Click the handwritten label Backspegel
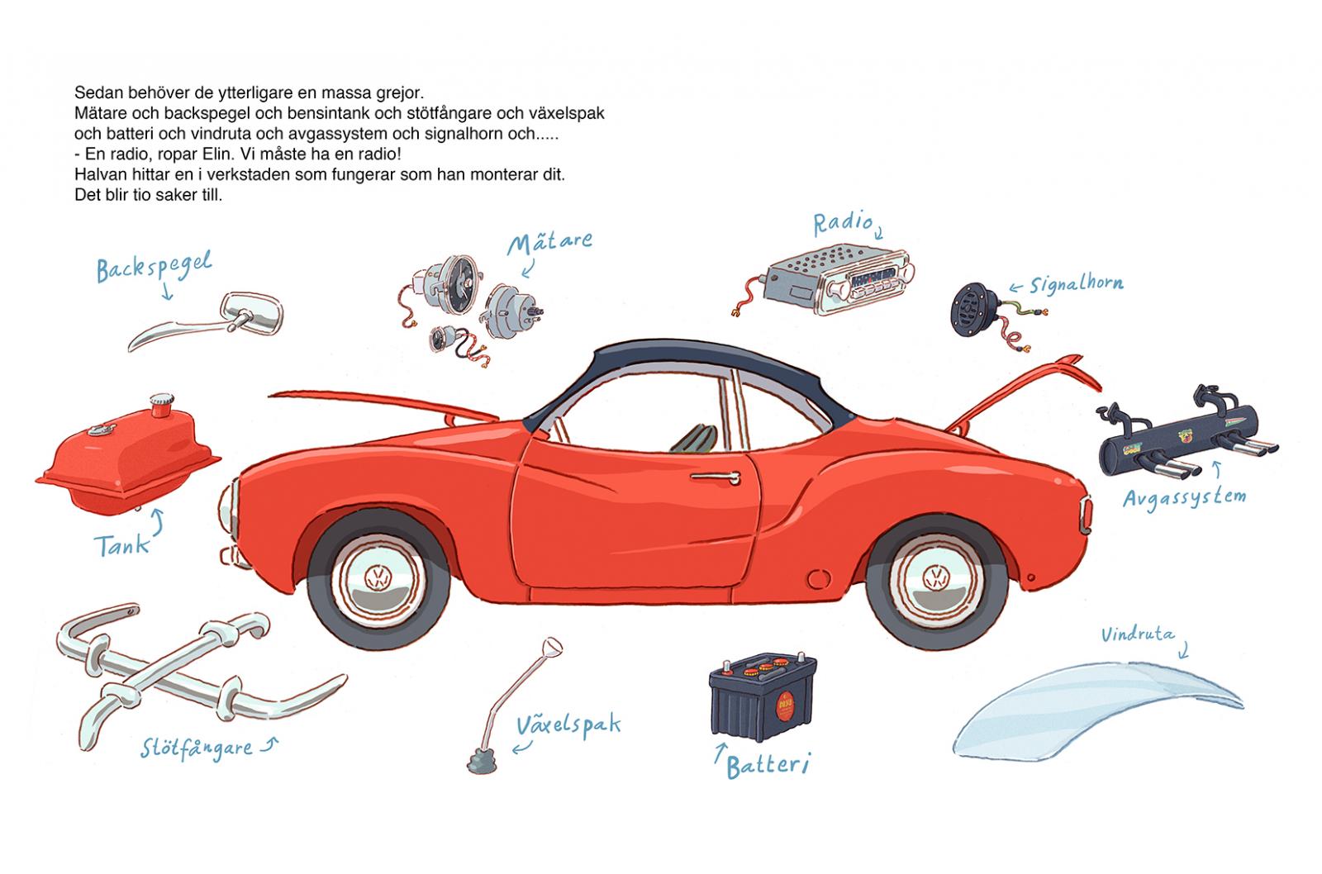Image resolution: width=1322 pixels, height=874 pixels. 154,267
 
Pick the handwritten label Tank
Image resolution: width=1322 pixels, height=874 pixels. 121,545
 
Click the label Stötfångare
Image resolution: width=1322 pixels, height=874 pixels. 196,748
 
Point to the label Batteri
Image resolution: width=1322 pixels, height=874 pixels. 766,765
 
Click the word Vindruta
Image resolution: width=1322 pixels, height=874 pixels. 1137,635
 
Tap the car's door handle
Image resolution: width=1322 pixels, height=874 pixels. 714,477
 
